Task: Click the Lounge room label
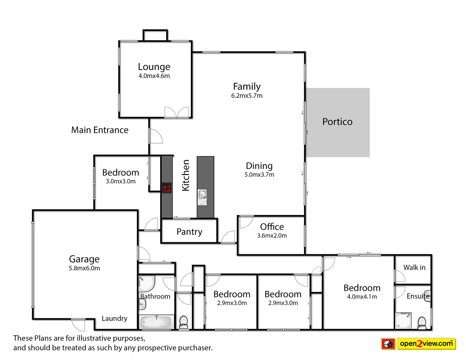point(154,67)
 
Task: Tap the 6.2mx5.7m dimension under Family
point(247,96)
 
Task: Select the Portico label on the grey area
point(337,121)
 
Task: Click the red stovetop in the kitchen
point(167,188)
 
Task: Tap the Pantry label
point(189,232)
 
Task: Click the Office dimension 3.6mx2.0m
point(272,235)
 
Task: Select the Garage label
point(84,259)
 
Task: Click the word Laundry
point(115,319)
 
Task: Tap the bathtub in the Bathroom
point(156,322)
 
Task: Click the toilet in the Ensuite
point(422,323)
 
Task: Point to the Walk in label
point(414,267)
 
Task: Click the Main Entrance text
point(100,130)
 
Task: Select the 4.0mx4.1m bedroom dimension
point(362,297)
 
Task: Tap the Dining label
point(259,166)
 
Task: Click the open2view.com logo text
point(426,344)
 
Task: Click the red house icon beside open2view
point(388,344)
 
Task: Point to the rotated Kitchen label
point(186,175)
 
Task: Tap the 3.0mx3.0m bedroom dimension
point(121,181)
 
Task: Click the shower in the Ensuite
point(403,321)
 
